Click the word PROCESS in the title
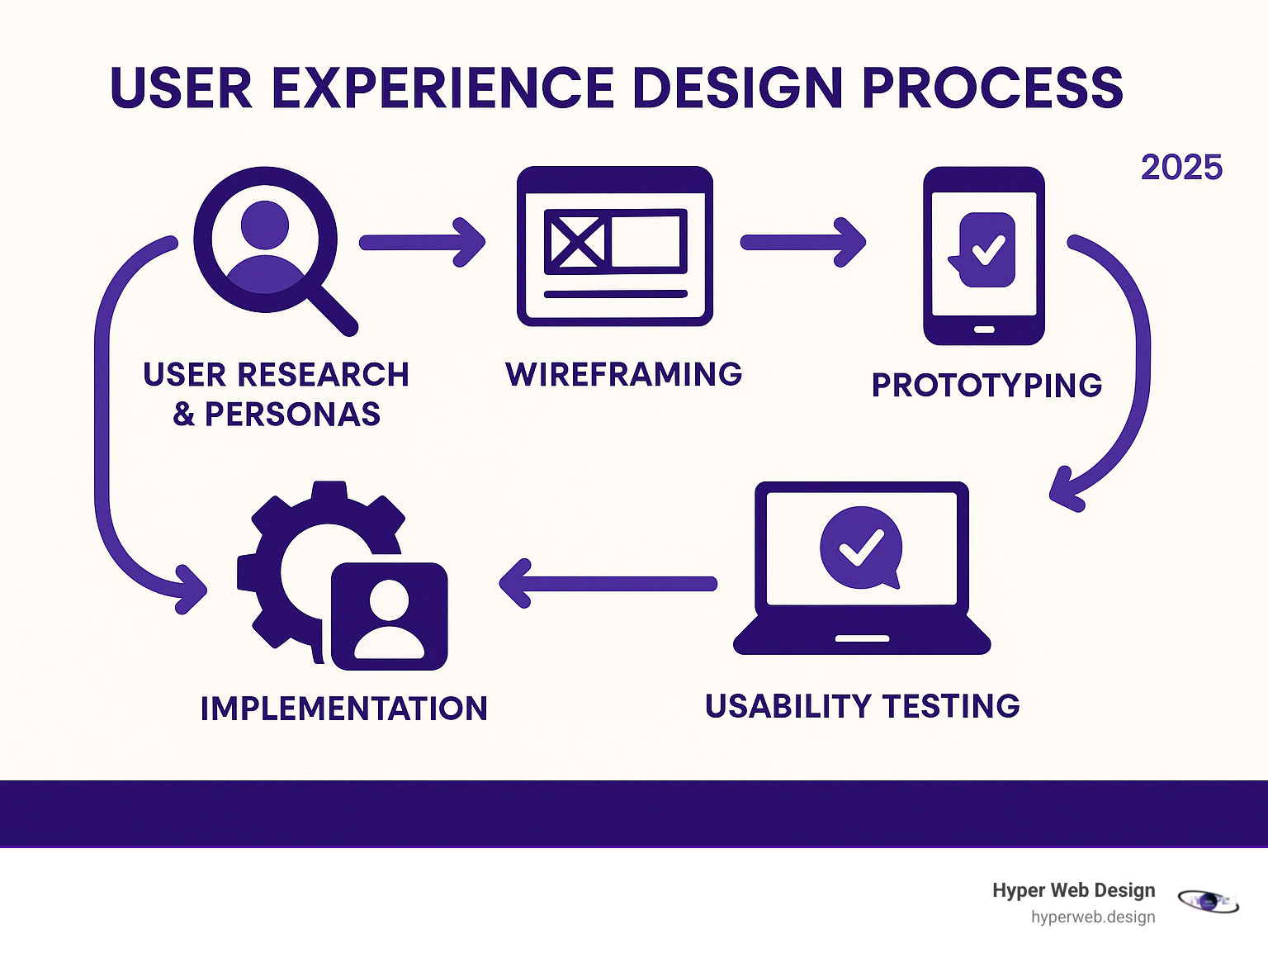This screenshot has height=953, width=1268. click(991, 88)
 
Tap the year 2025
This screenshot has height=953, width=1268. click(1181, 168)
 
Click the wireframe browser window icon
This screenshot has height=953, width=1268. click(614, 246)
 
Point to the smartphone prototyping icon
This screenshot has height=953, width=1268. click(983, 255)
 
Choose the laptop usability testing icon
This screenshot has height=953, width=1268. click(861, 568)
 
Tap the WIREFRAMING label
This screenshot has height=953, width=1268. click(623, 374)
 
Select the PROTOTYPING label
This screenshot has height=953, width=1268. click(986, 386)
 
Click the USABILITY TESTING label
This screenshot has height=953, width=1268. click(863, 706)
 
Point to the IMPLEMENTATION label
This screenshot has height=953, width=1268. click(343, 709)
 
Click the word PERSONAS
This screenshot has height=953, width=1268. click(292, 415)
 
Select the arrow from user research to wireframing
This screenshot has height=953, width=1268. click(422, 242)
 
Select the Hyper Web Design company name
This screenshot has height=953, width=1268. click(1073, 890)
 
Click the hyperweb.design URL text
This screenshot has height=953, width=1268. click(1093, 917)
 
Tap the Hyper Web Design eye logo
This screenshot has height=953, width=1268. click(1208, 902)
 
